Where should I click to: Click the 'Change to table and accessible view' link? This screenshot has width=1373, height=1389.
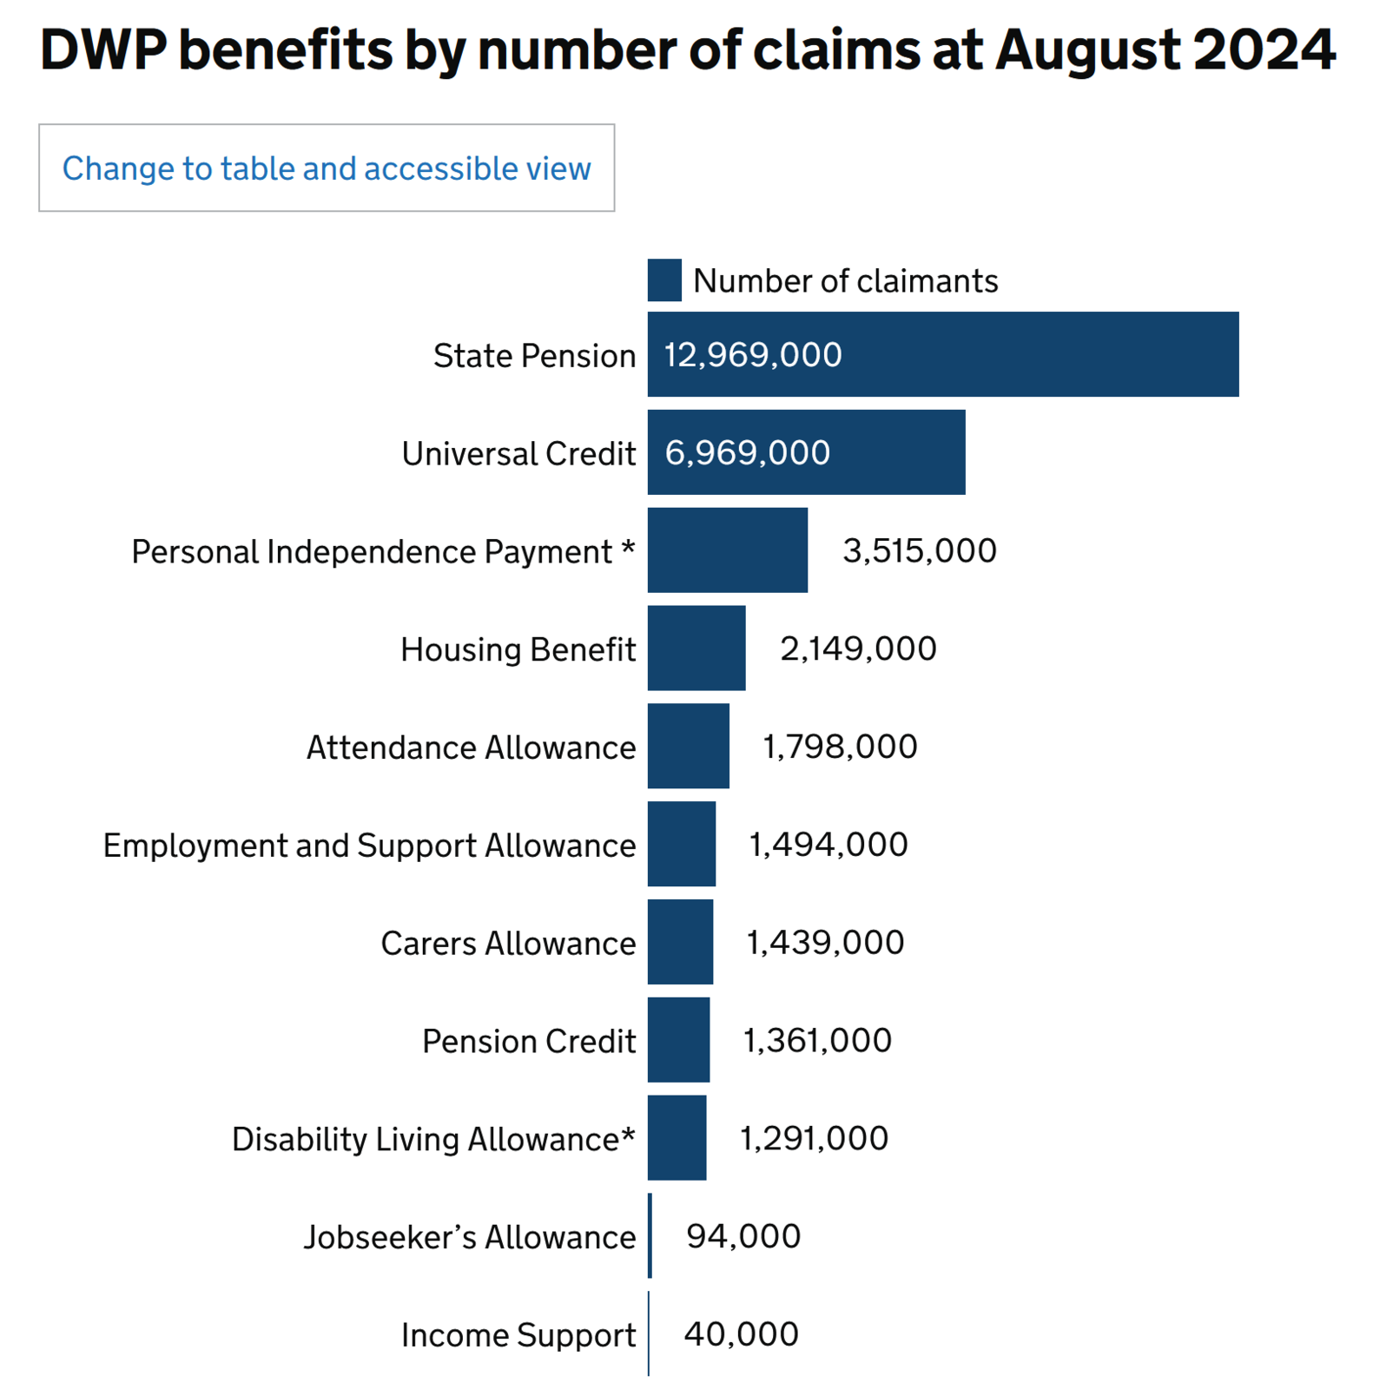point(327,168)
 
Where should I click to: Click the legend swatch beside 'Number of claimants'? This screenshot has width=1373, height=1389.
point(664,280)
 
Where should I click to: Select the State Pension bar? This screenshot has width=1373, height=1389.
point(942,354)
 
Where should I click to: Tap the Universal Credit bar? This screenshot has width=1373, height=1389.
point(806,452)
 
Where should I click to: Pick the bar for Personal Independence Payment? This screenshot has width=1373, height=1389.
point(727,550)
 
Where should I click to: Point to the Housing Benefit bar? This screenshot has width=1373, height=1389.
point(696,648)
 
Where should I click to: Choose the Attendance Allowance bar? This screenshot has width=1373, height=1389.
point(688,747)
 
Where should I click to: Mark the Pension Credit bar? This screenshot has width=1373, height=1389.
point(678,1040)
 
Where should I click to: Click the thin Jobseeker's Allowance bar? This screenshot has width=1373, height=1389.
point(650,1235)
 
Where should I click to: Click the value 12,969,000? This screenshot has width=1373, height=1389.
point(753,355)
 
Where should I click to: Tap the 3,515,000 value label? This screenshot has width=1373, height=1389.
point(920,551)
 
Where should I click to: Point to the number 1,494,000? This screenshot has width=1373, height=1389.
point(828,845)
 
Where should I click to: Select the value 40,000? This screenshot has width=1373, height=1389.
point(741,1334)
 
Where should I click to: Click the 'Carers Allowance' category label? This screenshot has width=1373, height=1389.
point(508,944)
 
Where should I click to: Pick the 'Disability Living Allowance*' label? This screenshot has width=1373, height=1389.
point(433,1139)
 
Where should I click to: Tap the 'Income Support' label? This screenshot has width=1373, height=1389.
point(518,1335)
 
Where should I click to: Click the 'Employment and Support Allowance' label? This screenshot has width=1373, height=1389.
point(369,846)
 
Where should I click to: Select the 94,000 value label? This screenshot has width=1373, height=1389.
point(743,1236)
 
